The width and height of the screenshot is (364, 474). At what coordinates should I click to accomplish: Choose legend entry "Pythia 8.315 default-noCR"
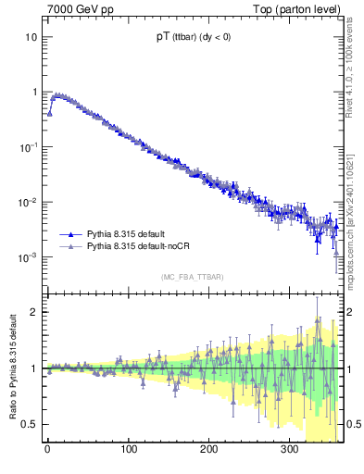pyautogui.click(x=144, y=247)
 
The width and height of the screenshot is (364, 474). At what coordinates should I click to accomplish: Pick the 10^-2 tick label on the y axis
pyautogui.click(x=29, y=202)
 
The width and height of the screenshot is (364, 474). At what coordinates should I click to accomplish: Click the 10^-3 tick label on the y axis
pyautogui.click(x=29, y=256)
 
